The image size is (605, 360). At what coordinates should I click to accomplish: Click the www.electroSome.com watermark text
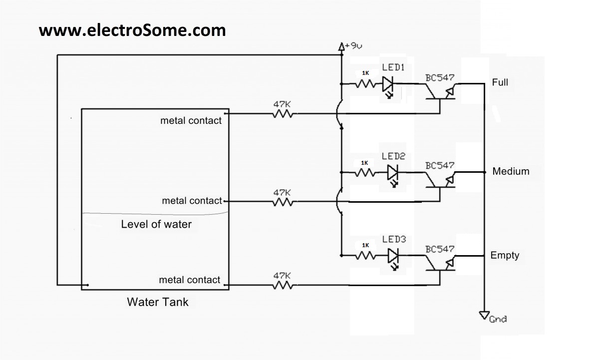tap(132, 30)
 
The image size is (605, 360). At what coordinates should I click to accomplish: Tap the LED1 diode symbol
tap(388, 84)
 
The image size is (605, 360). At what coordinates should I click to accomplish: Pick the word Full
tap(500, 82)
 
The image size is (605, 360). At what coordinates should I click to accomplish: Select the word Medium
tap(510, 171)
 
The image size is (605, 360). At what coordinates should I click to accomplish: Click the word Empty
tap(505, 255)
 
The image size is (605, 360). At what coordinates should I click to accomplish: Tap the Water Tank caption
tap(158, 302)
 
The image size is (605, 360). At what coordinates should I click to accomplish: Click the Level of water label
tap(156, 224)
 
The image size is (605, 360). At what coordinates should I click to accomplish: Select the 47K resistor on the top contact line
tap(282, 114)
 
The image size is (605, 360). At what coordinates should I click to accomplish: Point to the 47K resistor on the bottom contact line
tap(282, 285)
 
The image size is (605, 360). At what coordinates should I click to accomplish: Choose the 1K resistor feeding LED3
tap(365, 256)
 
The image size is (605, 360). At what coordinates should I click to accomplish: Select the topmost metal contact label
tap(191, 120)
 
